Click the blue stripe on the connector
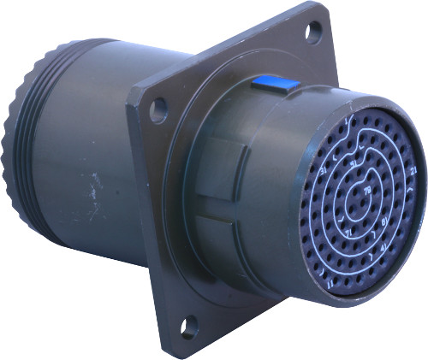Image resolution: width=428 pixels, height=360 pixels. (275, 84)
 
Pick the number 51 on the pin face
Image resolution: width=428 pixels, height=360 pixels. (351, 162)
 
